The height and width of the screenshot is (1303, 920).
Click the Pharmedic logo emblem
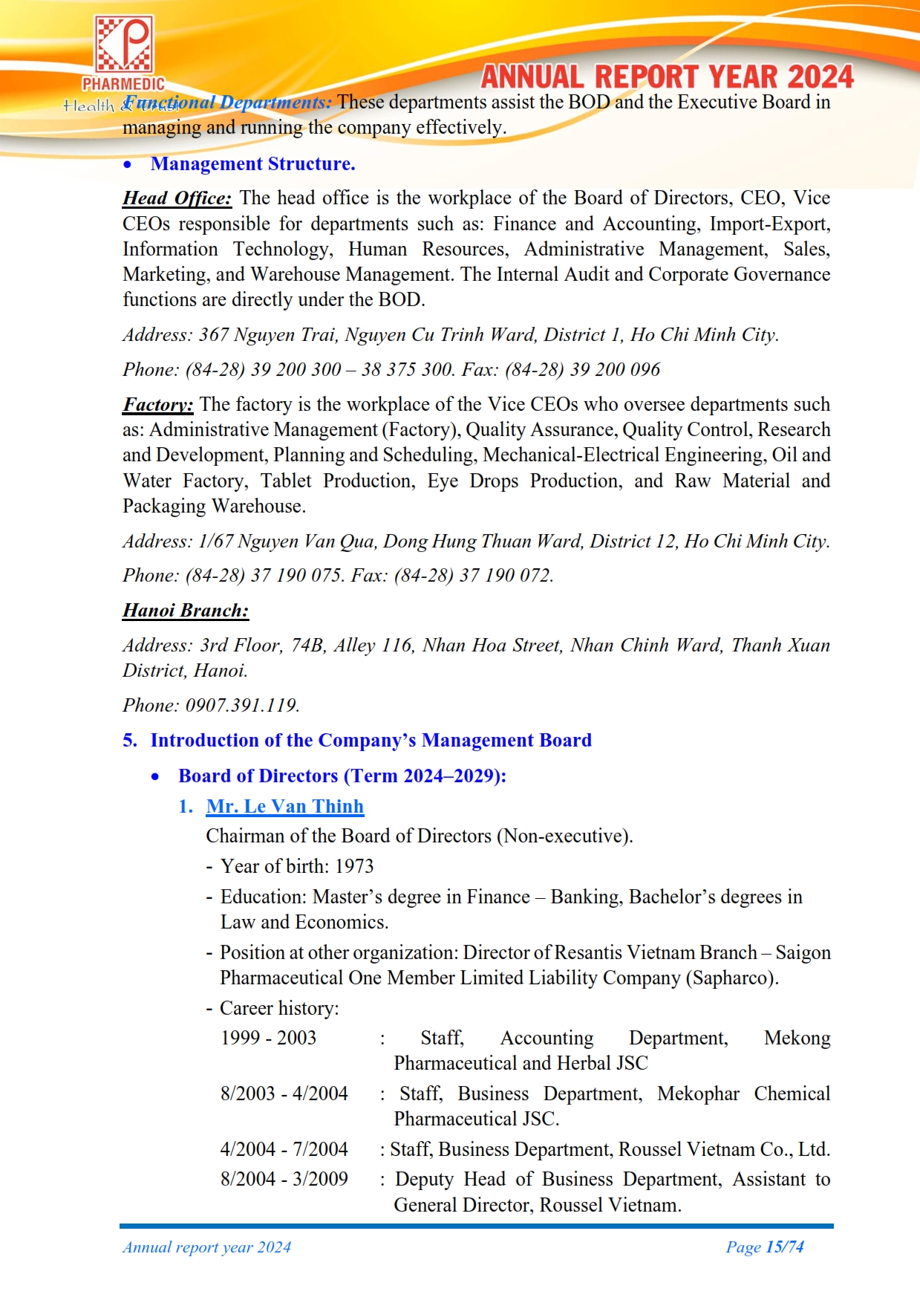point(124,46)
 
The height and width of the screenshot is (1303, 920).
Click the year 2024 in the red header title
point(821,77)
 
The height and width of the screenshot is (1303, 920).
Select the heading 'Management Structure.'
point(252,164)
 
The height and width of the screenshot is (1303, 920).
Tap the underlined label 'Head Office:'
point(177,198)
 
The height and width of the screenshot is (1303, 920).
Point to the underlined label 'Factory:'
point(157,405)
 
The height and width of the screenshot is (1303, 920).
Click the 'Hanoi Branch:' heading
point(186,611)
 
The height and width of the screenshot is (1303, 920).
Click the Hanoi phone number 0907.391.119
point(242,706)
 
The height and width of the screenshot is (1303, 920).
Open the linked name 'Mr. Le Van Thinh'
point(284,807)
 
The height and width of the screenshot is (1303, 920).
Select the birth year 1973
point(354,867)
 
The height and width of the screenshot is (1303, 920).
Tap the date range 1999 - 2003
point(268,1038)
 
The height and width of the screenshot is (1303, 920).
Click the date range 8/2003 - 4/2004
point(284,1094)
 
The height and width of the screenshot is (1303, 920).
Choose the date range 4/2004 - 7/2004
point(284,1149)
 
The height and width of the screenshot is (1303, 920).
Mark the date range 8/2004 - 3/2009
point(284,1179)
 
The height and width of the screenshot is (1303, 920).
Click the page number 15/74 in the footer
point(785,1247)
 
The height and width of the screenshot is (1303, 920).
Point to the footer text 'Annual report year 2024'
point(206,1247)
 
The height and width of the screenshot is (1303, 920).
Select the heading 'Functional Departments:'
point(227,103)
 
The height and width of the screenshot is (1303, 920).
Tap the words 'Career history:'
point(279,1008)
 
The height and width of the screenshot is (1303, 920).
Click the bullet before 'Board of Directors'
point(155,777)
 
